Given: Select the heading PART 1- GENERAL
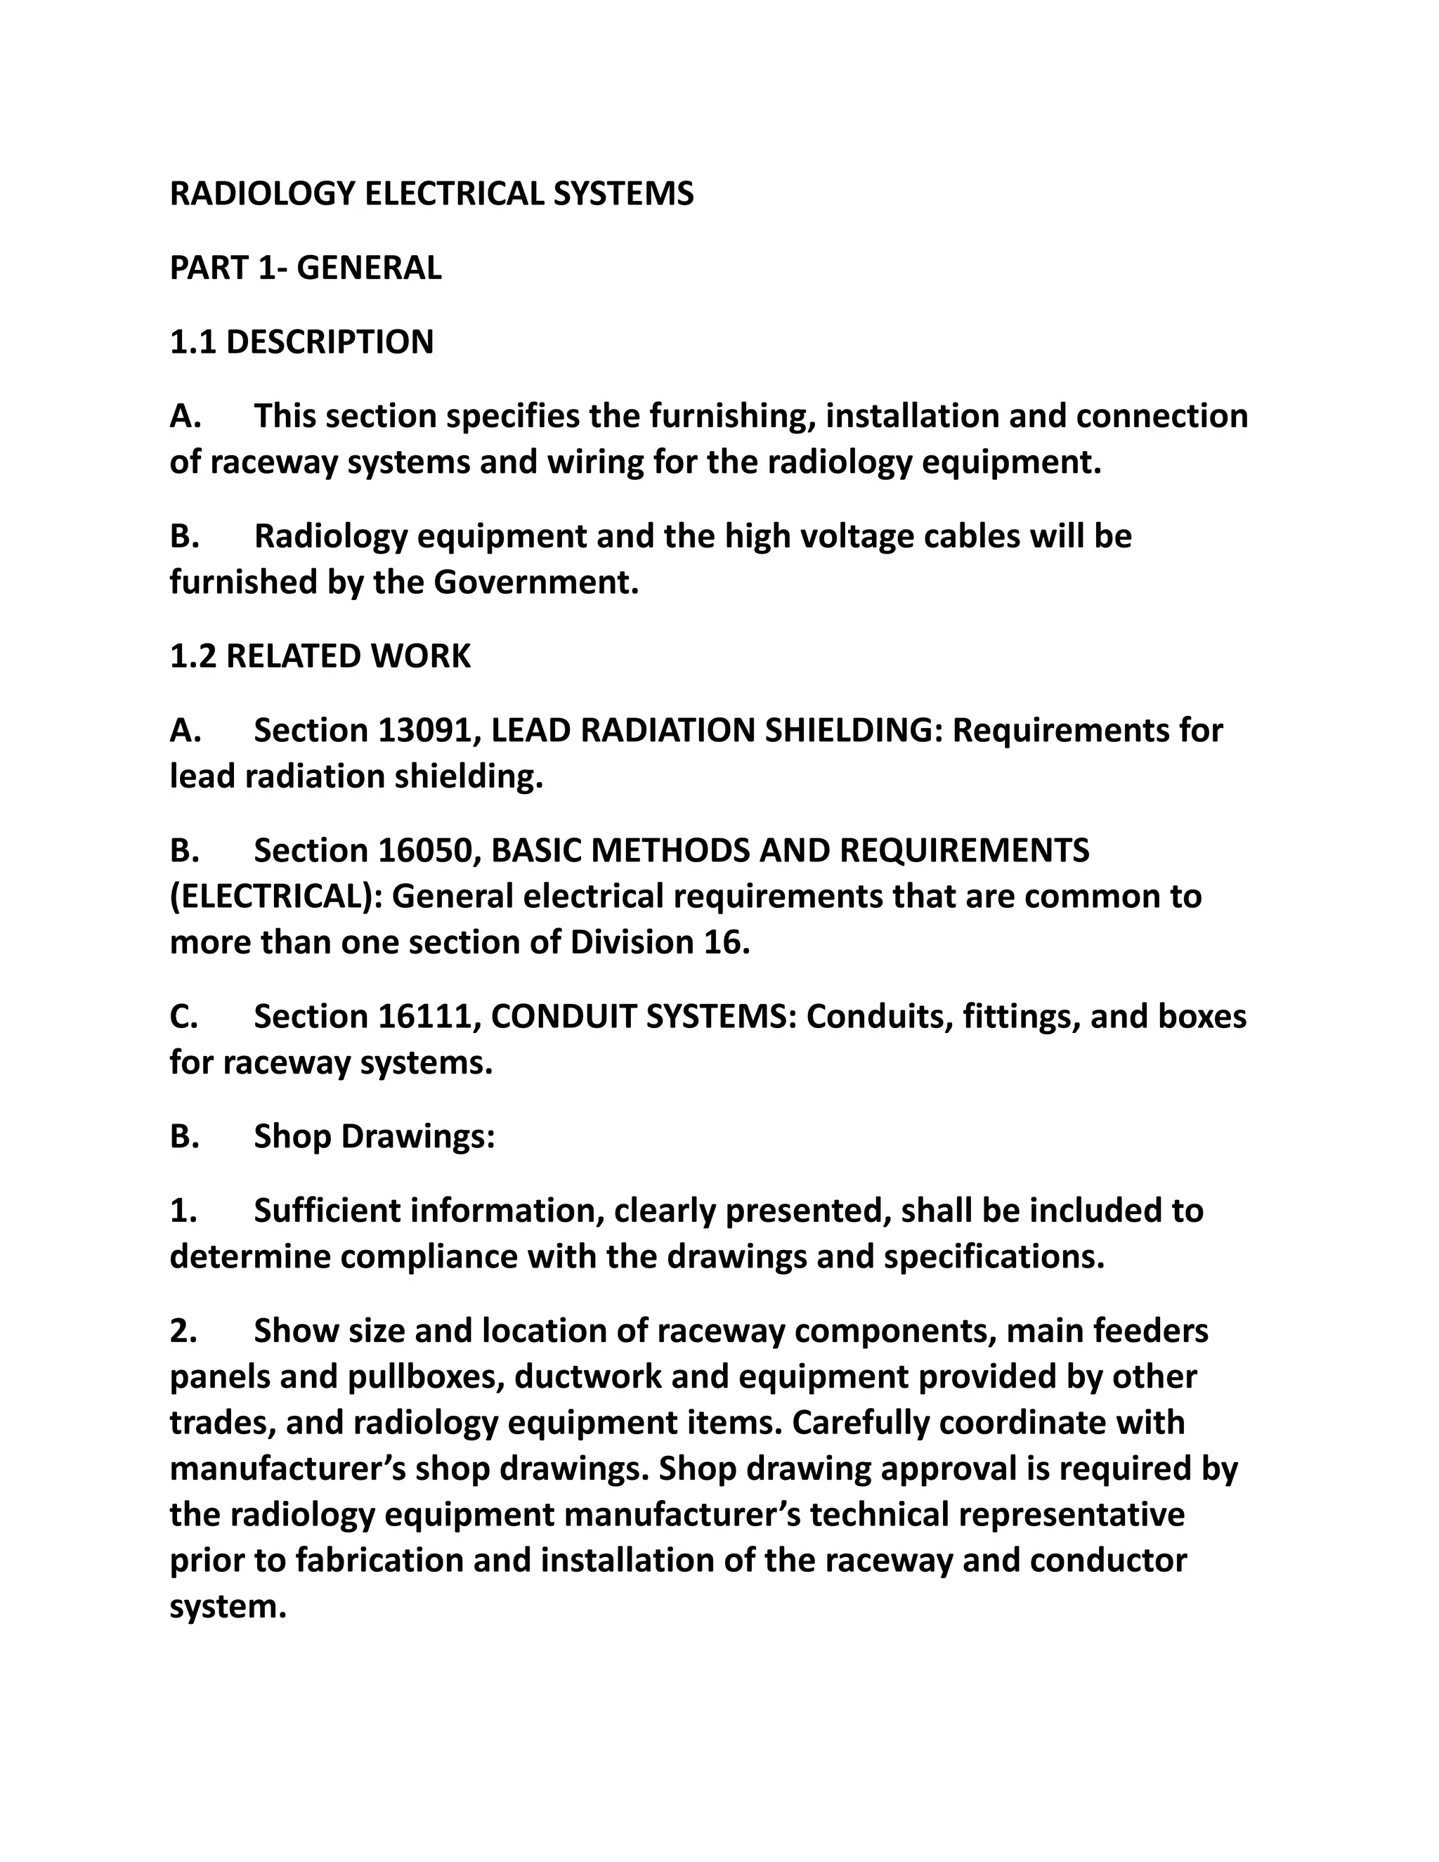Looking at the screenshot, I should (x=305, y=268).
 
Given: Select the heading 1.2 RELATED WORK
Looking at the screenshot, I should (x=320, y=656).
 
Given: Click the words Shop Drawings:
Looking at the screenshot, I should (x=375, y=1138).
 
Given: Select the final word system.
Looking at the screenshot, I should (x=225, y=1608).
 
